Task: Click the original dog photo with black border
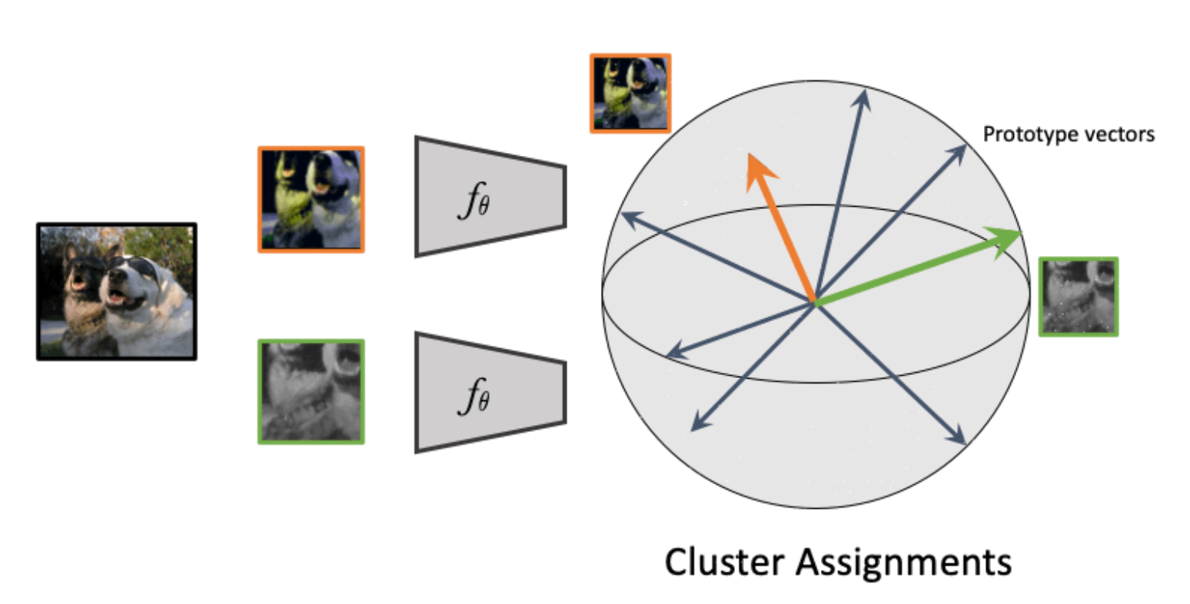point(116,291)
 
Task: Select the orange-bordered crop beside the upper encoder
point(311,200)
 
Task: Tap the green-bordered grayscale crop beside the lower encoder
point(311,392)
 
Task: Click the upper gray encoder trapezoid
point(490,197)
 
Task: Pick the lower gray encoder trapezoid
point(490,392)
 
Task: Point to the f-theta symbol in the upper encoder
point(475,201)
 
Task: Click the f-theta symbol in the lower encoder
point(475,397)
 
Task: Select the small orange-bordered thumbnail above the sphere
point(630,93)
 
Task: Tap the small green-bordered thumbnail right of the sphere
point(1078,297)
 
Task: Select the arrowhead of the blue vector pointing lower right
point(962,441)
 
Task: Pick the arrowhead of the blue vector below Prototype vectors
point(963,147)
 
